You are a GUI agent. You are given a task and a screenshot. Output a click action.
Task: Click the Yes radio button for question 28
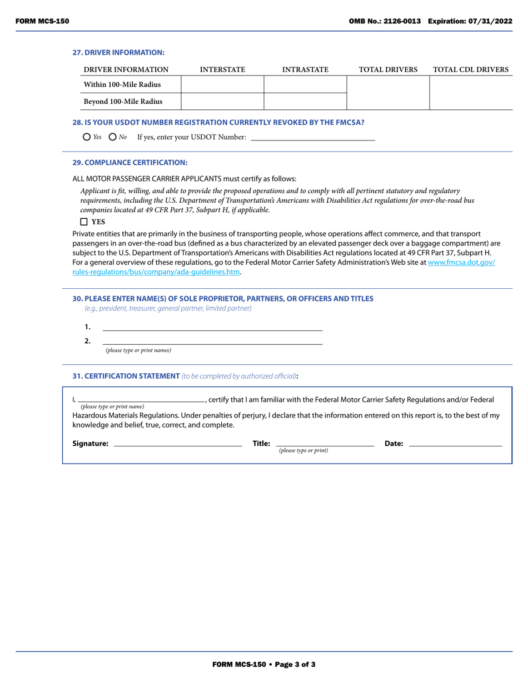(x=86, y=137)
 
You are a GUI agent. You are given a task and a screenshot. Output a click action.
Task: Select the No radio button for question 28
(x=113, y=137)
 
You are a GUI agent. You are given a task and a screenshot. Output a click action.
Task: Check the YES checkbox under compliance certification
(x=84, y=222)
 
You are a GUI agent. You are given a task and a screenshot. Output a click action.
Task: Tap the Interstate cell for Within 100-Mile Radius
(x=222, y=84)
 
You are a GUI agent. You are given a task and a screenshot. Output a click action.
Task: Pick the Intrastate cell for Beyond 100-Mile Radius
(x=305, y=102)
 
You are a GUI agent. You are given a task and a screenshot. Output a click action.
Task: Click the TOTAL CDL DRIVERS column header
(x=470, y=70)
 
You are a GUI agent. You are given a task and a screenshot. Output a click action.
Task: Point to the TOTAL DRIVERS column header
(x=388, y=70)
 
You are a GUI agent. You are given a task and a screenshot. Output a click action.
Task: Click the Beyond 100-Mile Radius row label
(x=123, y=102)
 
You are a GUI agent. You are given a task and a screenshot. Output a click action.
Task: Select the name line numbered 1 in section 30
(x=212, y=327)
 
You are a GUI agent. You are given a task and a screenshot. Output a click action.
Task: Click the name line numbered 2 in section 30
(x=212, y=340)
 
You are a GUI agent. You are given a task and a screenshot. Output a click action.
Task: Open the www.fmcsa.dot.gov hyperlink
(x=461, y=262)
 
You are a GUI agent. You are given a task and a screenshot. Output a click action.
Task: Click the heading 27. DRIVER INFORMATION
(x=118, y=52)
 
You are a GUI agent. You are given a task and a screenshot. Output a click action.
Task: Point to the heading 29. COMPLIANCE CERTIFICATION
(x=130, y=163)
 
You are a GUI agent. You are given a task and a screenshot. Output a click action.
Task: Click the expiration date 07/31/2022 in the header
(x=492, y=21)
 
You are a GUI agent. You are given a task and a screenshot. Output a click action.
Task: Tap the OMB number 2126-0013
(x=400, y=21)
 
